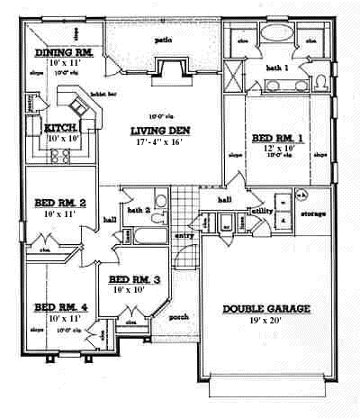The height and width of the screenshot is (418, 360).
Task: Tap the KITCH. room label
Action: [64, 128]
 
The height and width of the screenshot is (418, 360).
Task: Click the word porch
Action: [178, 316]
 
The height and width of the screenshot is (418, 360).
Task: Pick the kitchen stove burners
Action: [62, 155]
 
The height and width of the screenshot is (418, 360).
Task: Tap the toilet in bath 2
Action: [159, 200]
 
